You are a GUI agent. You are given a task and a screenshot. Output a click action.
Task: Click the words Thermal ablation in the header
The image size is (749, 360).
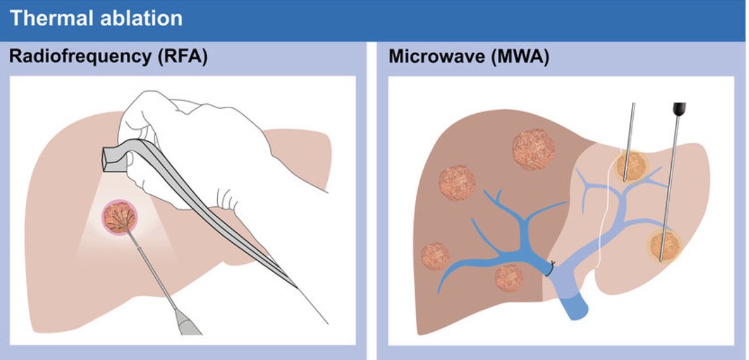(96, 18)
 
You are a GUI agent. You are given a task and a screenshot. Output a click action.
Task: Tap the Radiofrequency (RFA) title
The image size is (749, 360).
(108, 57)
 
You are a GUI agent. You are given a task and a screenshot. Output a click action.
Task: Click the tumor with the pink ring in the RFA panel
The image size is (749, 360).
(120, 218)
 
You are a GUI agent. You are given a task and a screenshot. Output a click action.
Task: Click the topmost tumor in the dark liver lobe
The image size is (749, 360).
(533, 149)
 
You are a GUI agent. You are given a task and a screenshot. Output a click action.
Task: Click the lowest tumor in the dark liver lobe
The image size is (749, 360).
(509, 277)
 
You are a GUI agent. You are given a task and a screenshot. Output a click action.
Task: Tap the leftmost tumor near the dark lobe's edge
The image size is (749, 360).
(435, 257)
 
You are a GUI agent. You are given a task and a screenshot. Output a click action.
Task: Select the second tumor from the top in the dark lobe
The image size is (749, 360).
(457, 182)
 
